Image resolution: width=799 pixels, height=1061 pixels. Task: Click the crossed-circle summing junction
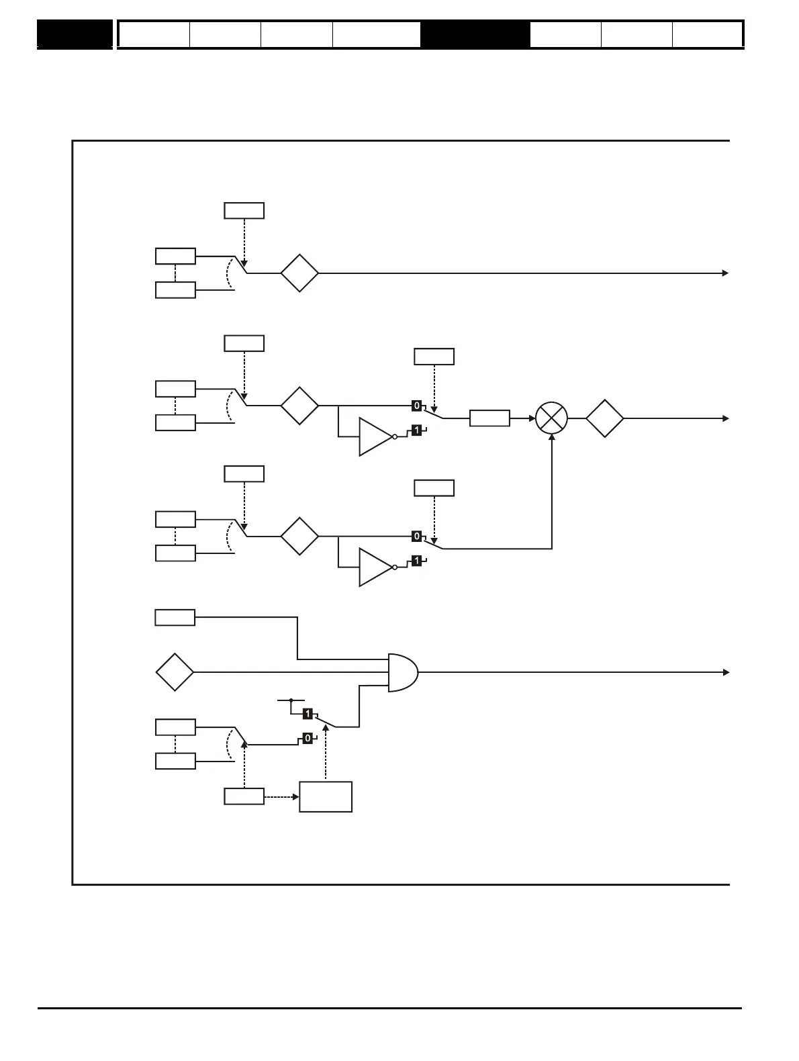pyautogui.click(x=551, y=418)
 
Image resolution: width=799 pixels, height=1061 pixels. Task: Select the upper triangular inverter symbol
pyautogui.click(x=375, y=436)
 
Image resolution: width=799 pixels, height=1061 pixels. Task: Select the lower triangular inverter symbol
pyautogui.click(x=375, y=567)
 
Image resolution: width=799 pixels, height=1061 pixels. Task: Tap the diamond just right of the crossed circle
pyautogui.click(x=604, y=418)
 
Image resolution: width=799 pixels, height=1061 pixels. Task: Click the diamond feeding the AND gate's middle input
pyautogui.click(x=175, y=672)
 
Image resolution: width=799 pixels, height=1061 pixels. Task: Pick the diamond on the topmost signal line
pyautogui.click(x=299, y=273)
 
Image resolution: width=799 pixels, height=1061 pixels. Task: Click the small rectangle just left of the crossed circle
pyautogui.click(x=489, y=418)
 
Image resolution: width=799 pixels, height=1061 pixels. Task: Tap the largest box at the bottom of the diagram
pyautogui.click(x=326, y=797)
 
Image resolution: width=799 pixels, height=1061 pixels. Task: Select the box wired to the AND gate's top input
pyautogui.click(x=175, y=617)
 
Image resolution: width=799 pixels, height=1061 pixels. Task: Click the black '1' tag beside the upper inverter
pyautogui.click(x=416, y=430)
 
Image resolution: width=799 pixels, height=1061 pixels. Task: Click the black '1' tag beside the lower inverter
pyautogui.click(x=416, y=561)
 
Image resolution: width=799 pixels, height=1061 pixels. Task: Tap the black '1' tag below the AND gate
pyautogui.click(x=308, y=713)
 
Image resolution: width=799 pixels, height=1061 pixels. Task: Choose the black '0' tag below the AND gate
pyautogui.click(x=308, y=738)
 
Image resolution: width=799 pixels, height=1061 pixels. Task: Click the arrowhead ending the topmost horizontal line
pyautogui.click(x=725, y=273)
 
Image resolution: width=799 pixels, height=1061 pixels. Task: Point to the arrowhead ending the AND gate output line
pyautogui.click(x=725, y=672)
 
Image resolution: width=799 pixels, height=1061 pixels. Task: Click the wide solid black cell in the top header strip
pyautogui.click(x=475, y=34)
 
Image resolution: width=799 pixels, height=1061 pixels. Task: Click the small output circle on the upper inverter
pyautogui.click(x=395, y=436)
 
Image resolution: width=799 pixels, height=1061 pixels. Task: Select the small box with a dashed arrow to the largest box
pyautogui.click(x=244, y=797)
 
